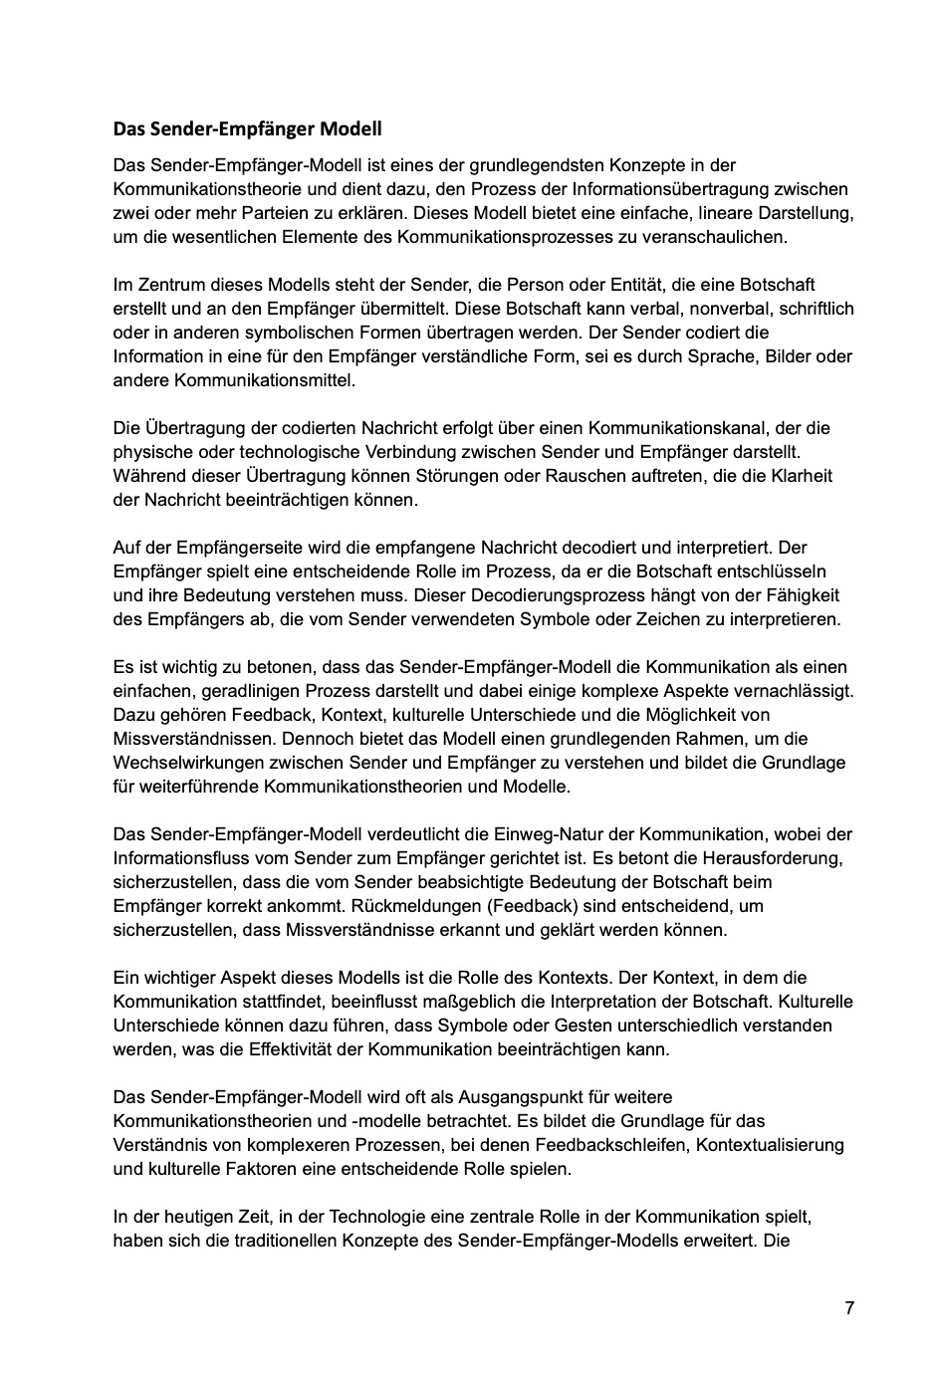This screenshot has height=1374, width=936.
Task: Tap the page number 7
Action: coord(849,1308)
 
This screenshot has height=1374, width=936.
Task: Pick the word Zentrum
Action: coord(164,285)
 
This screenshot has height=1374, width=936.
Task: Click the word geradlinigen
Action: coord(249,691)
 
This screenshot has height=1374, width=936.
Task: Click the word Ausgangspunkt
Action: coord(516,1097)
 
